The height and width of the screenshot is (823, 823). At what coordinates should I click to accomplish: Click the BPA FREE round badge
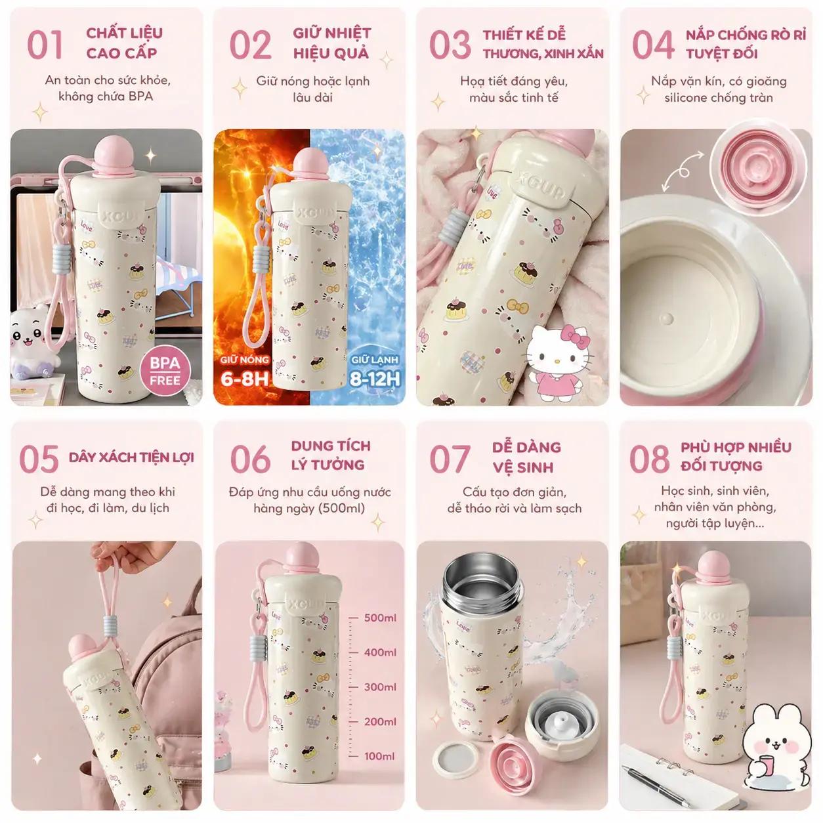pyautogui.click(x=165, y=371)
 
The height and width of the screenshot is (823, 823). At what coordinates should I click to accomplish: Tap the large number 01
pyautogui.click(x=45, y=45)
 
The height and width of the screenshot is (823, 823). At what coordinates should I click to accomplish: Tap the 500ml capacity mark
pyautogui.click(x=380, y=618)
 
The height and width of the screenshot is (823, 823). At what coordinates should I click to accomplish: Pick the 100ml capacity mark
pyautogui.click(x=379, y=756)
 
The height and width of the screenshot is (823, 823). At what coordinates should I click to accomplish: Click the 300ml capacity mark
pyautogui.click(x=380, y=686)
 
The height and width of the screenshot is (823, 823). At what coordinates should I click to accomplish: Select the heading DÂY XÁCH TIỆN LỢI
pyautogui.click(x=131, y=457)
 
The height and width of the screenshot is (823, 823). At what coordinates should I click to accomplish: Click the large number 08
pyautogui.click(x=649, y=459)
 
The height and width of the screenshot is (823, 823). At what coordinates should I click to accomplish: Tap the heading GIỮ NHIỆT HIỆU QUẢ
pyautogui.click(x=331, y=43)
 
